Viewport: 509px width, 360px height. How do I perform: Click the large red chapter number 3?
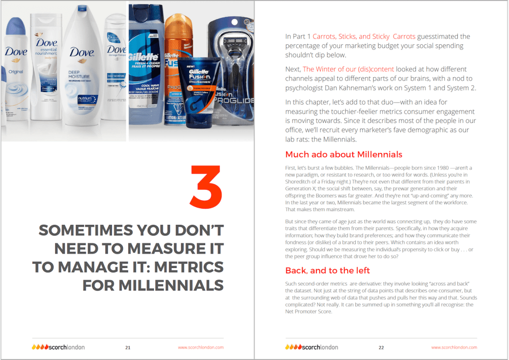(x=206, y=187)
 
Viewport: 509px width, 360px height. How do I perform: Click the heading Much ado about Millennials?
(x=344, y=154)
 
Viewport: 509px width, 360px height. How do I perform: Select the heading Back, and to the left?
(x=327, y=270)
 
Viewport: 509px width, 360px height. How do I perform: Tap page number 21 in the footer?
(x=128, y=348)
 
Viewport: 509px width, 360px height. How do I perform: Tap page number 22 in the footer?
(x=381, y=348)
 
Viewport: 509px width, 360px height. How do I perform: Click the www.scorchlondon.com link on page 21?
(x=201, y=348)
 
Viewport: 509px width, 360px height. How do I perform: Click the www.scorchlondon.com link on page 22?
(x=454, y=348)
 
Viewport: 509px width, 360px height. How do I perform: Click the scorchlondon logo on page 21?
(x=58, y=347)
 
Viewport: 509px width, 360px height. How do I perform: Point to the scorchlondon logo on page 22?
(x=311, y=347)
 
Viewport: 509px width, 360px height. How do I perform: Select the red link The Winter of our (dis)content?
(x=348, y=69)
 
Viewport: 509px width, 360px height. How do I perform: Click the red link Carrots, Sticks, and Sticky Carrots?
(x=364, y=36)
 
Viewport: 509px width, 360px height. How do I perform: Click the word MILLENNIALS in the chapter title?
(x=171, y=286)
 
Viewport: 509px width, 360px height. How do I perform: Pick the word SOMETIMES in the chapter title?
(x=86, y=231)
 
